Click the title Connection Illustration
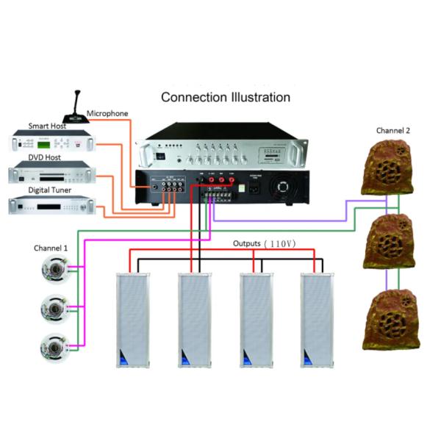click(225, 97)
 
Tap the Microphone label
click(107, 114)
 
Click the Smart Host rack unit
click(52, 141)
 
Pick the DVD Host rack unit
click(52, 174)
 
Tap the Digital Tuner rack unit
click(52, 207)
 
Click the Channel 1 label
click(51, 248)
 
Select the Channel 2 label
click(393, 130)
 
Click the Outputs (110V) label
click(264, 243)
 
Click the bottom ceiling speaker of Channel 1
click(55, 343)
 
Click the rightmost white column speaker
click(317, 320)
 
